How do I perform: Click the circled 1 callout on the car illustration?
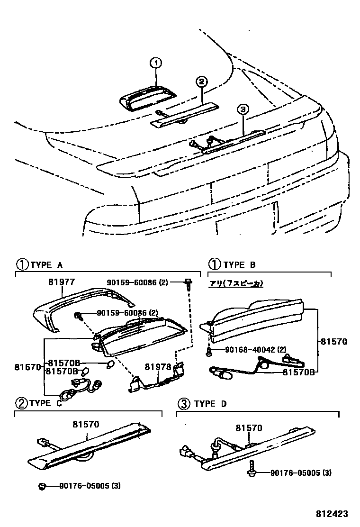(156, 63)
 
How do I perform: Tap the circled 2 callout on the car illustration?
(201, 82)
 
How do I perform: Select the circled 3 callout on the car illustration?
(243, 109)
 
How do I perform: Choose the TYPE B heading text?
(239, 264)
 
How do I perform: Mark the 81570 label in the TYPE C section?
(86, 424)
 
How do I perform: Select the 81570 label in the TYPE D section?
(249, 428)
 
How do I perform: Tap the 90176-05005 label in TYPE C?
(89, 486)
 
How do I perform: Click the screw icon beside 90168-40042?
(208, 350)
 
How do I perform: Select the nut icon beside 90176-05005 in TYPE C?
(42, 486)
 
